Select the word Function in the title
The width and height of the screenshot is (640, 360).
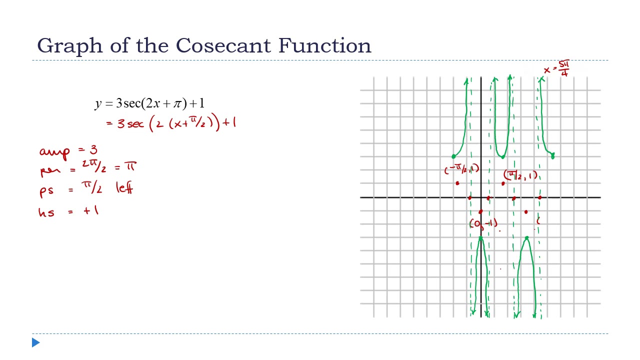pyautogui.click(x=324, y=45)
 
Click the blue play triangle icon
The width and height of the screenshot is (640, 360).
pyautogui.click(x=35, y=342)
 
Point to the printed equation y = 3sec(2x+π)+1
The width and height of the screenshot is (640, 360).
pyautogui.click(x=149, y=103)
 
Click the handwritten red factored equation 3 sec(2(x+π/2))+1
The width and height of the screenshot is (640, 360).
pyautogui.click(x=170, y=123)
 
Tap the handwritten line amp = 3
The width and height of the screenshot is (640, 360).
pyautogui.click(x=68, y=150)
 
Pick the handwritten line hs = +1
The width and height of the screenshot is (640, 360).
pyautogui.click(x=68, y=211)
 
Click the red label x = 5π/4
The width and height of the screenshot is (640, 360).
pyautogui.click(x=557, y=68)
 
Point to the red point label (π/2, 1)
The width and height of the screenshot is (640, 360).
pyautogui.click(x=520, y=175)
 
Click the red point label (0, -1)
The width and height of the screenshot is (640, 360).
pyautogui.click(x=483, y=223)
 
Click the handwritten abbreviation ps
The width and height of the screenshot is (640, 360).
pyautogui.click(x=46, y=191)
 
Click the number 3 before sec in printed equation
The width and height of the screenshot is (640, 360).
pyautogui.click(x=119, y=103)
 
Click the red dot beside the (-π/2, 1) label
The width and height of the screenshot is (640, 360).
pyautogui.click(x=457, y=183)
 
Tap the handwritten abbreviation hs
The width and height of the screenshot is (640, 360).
pyautogui.click(x=46, y=212)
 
